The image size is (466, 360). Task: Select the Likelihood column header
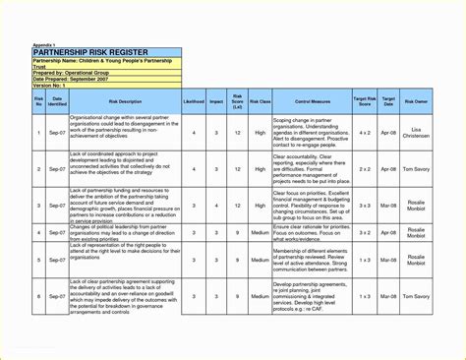coord(194,101)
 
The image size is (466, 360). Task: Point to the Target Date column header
coord(389,101)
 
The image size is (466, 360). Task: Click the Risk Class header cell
coord(260,101)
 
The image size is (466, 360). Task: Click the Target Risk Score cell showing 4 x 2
coord(364,132)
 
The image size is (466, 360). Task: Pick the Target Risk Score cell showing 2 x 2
coord(364,169)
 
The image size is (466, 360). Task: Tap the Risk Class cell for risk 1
coord(260,132)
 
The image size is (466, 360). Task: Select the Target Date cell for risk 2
coord(389,169)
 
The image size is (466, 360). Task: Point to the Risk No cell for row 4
coord(38,233)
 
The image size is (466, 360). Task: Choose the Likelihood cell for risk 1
coord(194,132)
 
